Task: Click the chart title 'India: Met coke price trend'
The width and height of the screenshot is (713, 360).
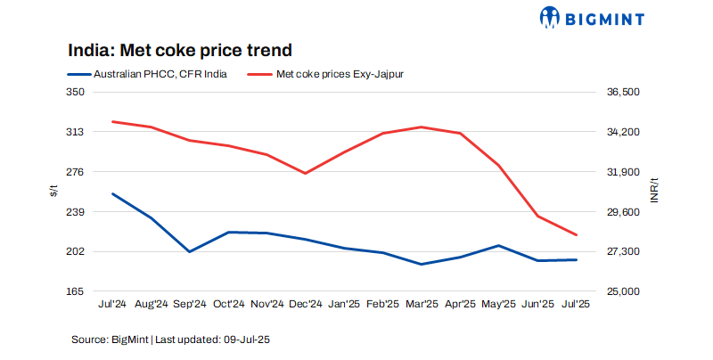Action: click(180, 50)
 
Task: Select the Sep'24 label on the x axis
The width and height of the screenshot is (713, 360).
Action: click(189, 304)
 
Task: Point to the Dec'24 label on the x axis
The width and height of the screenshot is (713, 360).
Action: click(305, 304)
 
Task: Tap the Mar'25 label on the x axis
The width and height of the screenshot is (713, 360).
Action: click(421, 304)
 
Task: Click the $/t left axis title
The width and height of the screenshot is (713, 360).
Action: click(53, 191)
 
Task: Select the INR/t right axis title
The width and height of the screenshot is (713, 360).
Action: click(655, 191)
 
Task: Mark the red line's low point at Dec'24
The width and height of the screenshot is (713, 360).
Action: click(305, 173)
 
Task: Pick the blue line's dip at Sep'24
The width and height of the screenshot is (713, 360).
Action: click(189, 251)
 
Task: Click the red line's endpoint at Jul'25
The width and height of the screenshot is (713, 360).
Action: click(577, 235)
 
